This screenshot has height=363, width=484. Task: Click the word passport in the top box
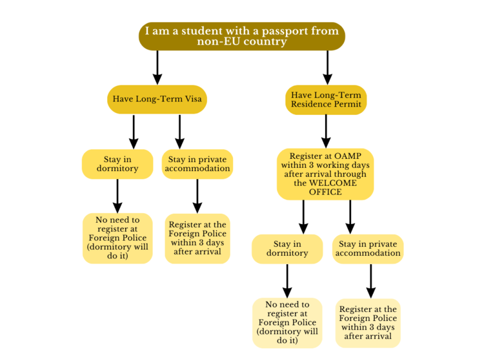click(283, 31)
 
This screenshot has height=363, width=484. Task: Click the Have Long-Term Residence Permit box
click(326, 99)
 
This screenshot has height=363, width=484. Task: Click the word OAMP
click(346, 156)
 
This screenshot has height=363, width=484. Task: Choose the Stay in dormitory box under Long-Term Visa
click(117, 164)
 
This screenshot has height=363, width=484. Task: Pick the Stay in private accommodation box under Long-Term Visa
click(197, 164)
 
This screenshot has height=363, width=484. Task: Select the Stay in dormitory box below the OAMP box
click(287, 249)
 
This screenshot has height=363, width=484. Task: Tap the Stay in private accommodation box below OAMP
click(368, 249)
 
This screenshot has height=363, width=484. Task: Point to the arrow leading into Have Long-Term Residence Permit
click(328, 67)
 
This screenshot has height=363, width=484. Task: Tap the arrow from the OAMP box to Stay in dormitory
click(303, 216)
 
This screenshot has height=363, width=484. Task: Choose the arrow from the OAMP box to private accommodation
click(350, 216)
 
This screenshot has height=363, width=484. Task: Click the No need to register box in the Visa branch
click(117, 238)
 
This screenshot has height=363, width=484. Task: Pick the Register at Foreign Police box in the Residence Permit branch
click(368, 322)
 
